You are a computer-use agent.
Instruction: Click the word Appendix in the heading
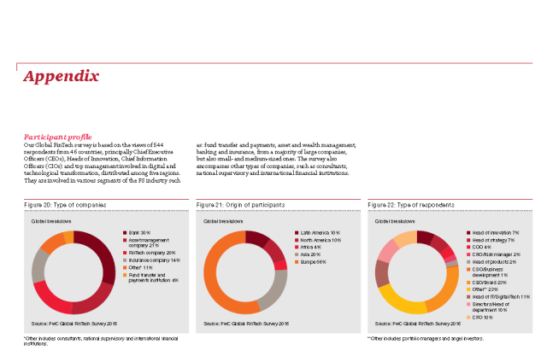(x=61, y=77)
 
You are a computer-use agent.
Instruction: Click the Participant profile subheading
(x=57, y=137)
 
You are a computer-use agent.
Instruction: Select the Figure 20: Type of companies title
(x=64, y=205)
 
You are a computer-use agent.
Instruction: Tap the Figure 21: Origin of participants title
(x=240, y=205)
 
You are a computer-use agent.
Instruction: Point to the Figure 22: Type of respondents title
(x=411, y=205)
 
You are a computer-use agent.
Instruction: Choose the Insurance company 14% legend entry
(x=154, y=260)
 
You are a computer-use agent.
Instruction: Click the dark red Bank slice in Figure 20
(x=104, y=254)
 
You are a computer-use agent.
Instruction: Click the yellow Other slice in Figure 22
(x=396, y=301)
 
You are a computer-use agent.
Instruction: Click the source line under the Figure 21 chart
(x=246, y=324)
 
